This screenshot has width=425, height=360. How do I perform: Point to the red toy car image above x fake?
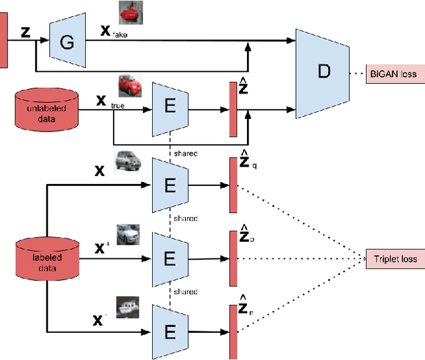131,13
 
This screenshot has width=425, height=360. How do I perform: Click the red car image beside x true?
131,86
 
